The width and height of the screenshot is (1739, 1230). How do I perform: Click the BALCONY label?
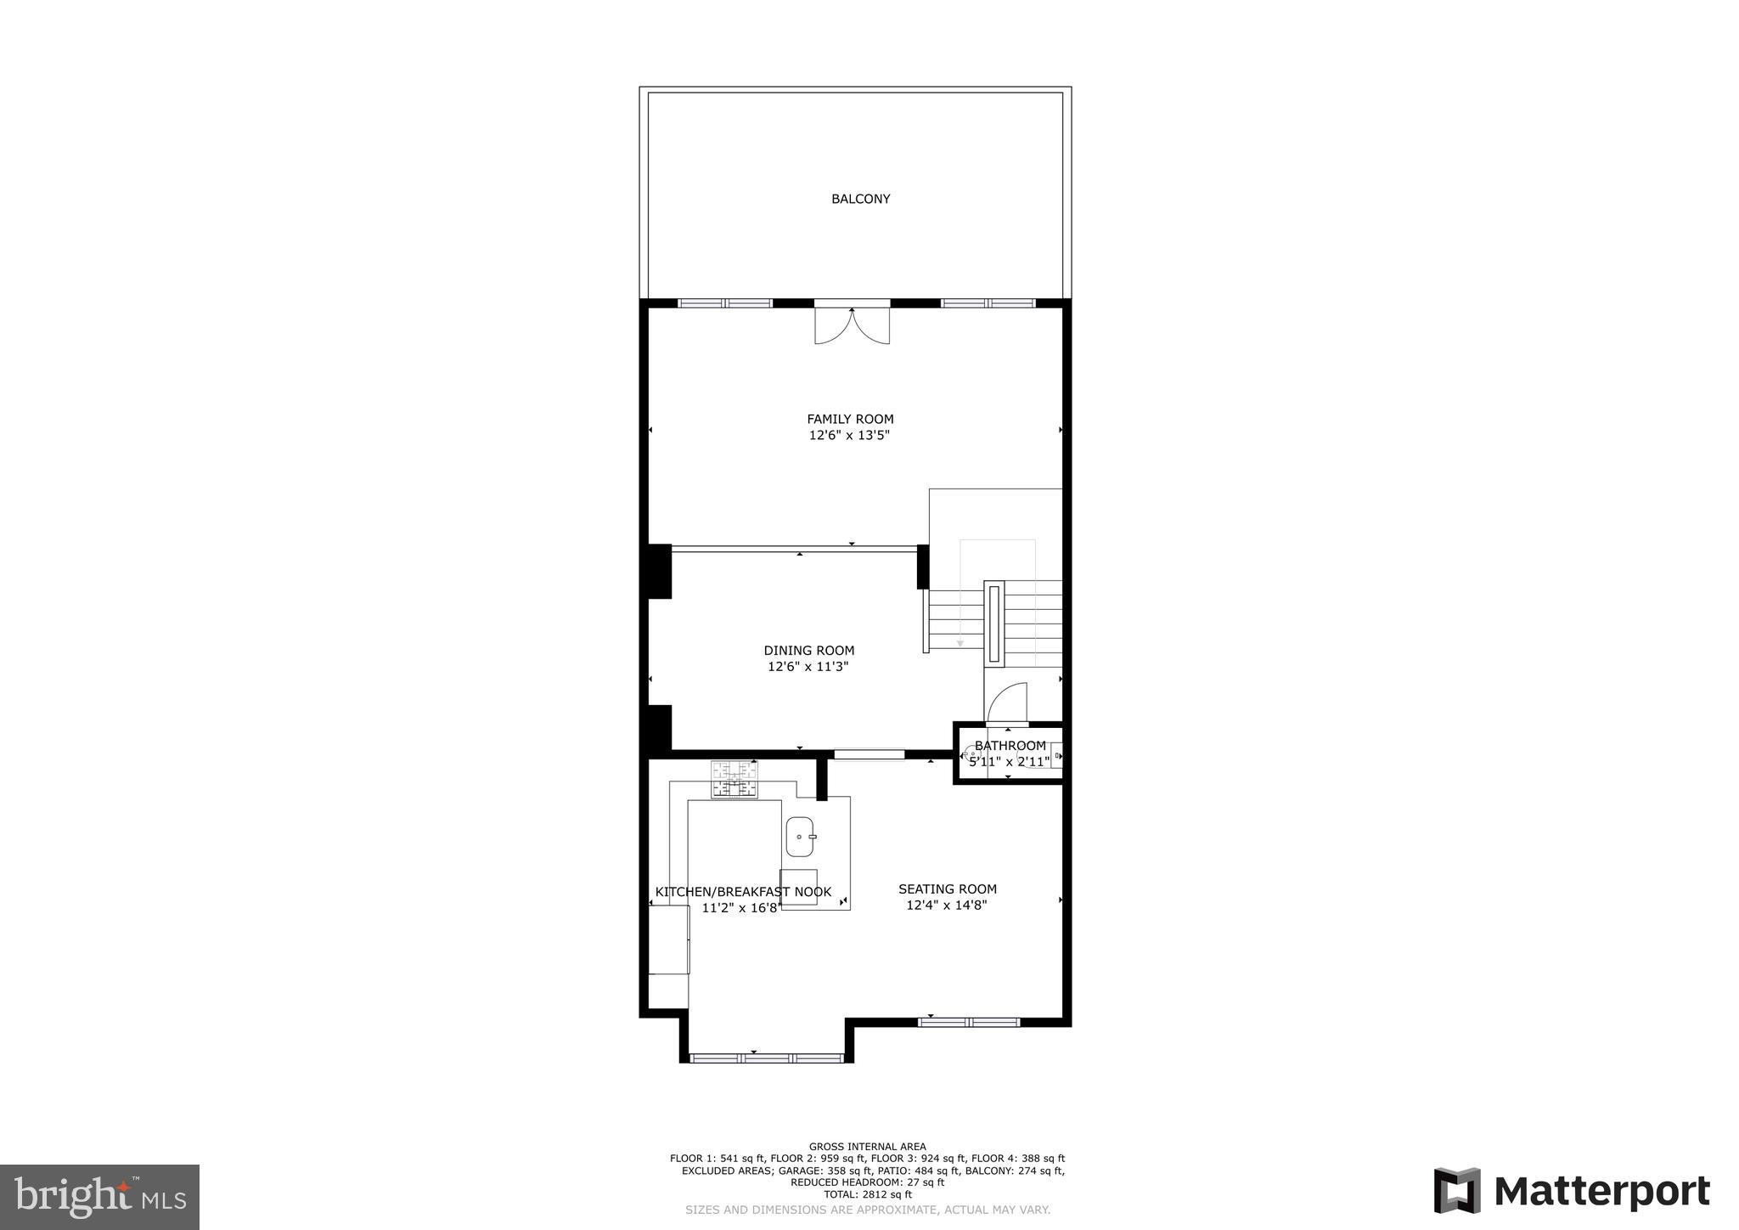[x=860, y=199]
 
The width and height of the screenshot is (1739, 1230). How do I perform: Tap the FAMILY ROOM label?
[x=850, y=419]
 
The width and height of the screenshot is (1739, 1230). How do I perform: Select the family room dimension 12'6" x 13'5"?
[x=849, y=436]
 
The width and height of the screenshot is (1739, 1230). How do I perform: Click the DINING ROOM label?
[x=808, y=651]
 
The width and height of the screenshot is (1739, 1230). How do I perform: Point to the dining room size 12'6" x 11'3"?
[x=808, y=667]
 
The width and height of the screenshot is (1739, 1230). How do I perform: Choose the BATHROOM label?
[x=1010, y=746]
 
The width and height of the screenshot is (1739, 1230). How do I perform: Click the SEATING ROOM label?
[x=948, y=889]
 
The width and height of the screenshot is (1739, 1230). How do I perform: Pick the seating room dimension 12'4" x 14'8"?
[x=947, y=906]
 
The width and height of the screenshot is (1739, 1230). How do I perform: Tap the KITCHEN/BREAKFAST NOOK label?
[x=743, y=892]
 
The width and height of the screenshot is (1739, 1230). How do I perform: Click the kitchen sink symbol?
[x=800, y=837]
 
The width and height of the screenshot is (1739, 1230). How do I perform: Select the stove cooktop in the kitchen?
[x=734, y=780]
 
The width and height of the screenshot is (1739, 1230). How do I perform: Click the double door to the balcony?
[x=852, y=325]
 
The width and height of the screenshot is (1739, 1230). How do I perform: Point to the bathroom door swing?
[x=1008, y=702]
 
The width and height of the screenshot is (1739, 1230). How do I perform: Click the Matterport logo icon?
[x=1457, y=1191]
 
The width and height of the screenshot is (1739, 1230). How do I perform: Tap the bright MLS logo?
[x=99, y=1198]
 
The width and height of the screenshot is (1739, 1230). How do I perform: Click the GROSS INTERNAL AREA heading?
[x=867, y=1147]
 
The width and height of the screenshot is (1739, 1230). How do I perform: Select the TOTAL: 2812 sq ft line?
[x=867, y=1194]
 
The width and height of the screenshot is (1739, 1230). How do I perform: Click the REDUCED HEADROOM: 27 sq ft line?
[x=867, y=1182]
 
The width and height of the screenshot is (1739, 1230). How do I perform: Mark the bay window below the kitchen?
[x=767, y=1058]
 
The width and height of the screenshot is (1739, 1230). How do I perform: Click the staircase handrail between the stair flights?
[x=993, y=623]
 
